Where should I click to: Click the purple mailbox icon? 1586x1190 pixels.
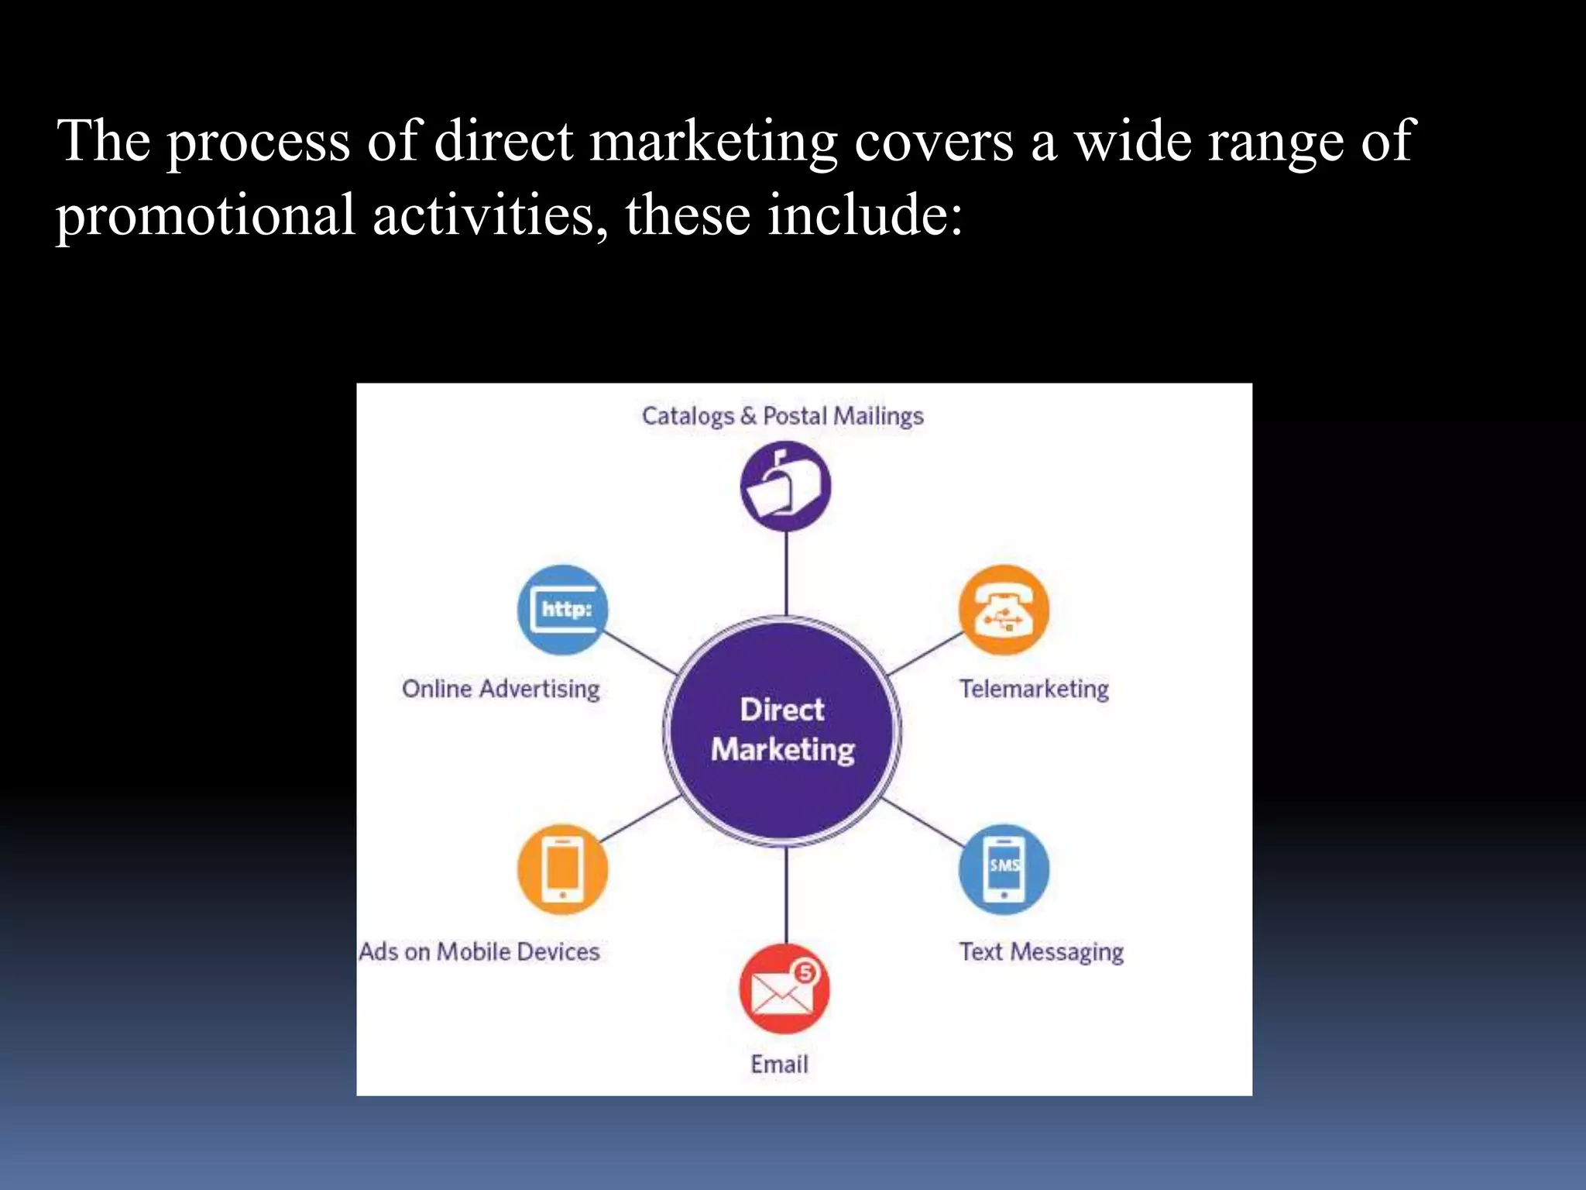(785, 487)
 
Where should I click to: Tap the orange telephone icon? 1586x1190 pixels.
(1004, 610)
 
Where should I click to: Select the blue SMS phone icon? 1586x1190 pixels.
(1004, 869)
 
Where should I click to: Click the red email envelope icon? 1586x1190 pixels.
(784, 989)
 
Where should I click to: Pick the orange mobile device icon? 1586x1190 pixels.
(563, 869)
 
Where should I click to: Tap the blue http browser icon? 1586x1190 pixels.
(563, 610)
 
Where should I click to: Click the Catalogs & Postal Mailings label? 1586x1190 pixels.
(782, 416)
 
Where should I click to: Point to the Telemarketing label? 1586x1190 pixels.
(1034, 689)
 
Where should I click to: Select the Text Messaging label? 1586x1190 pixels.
(1041, 951)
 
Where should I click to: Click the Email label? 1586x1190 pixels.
(779, 1064)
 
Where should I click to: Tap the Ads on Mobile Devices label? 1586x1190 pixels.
(479, 951)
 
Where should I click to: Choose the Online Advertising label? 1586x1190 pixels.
(501, 689)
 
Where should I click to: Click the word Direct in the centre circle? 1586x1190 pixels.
(782, 710)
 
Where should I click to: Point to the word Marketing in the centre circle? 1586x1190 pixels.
(783, 750)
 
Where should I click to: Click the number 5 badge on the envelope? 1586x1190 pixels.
(805, 972)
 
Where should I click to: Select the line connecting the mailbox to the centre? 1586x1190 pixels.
(786, 573)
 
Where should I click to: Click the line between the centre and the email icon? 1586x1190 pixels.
(786, 895)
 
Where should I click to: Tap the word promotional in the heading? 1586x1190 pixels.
(205, 215)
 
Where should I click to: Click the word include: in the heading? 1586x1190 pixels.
(865, 215)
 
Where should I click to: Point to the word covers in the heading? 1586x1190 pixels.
(933, 142)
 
